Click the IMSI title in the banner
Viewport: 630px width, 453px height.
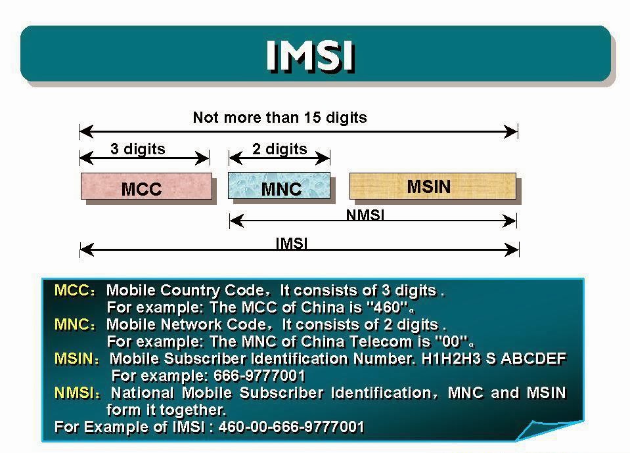[310, 55]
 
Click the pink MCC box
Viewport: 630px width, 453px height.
[146, 187]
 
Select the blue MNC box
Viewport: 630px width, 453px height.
[279, 186]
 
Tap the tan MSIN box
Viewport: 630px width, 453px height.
[432, 186]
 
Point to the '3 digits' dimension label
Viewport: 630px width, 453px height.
[138, 149]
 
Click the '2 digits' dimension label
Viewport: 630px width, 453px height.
[279, 149]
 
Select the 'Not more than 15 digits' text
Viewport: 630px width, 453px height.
[280, 118]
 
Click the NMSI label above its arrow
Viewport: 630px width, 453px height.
[365, 214]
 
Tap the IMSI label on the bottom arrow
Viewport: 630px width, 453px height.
[291, 243]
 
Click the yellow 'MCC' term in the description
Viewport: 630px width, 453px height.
[70, 290]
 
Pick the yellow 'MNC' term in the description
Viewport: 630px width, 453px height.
[70, 324]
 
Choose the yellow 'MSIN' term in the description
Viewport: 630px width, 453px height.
[74, 358]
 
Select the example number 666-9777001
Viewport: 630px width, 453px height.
[259, 376]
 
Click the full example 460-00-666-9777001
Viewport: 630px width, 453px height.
[291, 427]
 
